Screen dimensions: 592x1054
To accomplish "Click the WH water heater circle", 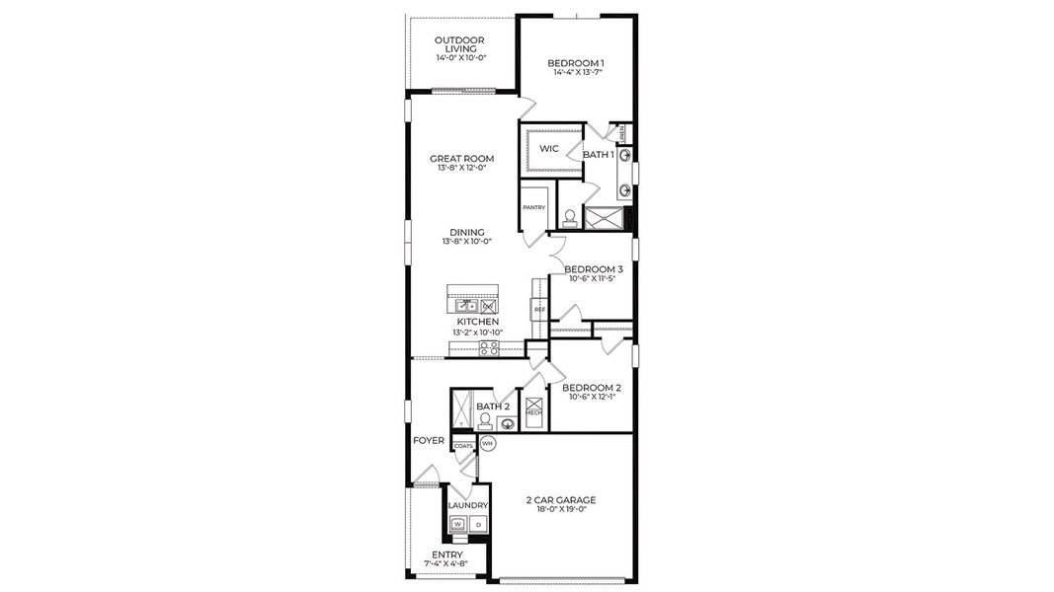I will tap(487, 444).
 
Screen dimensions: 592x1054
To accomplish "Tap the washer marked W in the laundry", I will tap(458, 525).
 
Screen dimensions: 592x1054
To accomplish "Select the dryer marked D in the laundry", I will tap(478, 525).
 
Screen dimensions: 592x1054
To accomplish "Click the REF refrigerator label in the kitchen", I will tap(539, 310).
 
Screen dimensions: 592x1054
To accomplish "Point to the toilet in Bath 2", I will tap(484, 419).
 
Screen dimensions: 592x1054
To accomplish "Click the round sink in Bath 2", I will tap(508, 424).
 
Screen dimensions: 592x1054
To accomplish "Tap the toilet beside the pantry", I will tap(570, 217).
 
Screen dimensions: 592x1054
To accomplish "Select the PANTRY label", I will tap(533, 207).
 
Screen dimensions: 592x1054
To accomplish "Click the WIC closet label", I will tap(549, 149).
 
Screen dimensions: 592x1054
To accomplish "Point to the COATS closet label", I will tap(463, 446).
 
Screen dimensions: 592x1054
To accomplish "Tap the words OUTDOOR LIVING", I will tap(460, 44).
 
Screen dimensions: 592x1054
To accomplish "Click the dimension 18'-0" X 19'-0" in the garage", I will tap(560, 510).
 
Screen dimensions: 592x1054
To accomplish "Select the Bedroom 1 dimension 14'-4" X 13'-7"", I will tap(577, 72).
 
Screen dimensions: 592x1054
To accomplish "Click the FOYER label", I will tap(429, 440).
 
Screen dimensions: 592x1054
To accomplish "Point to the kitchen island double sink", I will tap(472, 307).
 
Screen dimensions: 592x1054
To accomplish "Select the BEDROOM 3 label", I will tap(593, 268).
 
